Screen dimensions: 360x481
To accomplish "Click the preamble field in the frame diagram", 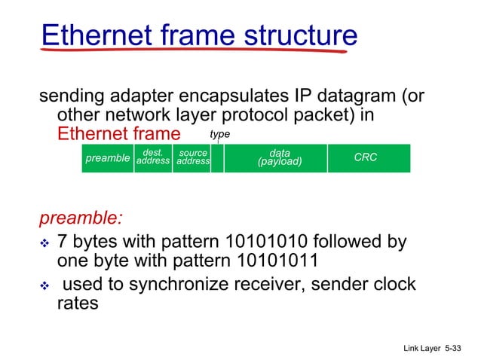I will coord(107,159).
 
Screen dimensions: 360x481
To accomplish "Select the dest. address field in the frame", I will coord(153,158).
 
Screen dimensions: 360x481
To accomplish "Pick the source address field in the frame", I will coord(192,158).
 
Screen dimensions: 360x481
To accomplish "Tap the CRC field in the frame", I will coord(366,158).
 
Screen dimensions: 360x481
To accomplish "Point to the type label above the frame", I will coord(219,134).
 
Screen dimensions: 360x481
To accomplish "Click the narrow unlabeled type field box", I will coord(217,159).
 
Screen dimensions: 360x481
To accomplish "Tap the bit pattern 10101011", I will coord(270,262).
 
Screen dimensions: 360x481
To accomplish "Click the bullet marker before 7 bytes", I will coord(44,244).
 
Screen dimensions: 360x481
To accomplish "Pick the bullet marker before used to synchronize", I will coord(44,285).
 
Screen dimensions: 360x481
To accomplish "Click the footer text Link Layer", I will coord(419,349).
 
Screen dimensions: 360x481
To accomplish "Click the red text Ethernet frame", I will coord(119,134).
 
